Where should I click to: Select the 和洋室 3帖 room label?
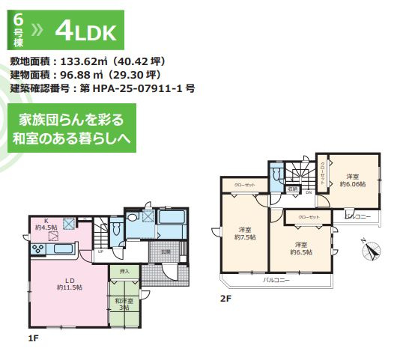coord(124,303)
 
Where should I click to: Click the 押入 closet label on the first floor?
coord(124,270)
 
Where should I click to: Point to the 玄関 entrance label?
coord(166,252)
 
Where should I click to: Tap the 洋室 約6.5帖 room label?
coord(300,248)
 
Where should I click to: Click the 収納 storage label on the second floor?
coord(294,190)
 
